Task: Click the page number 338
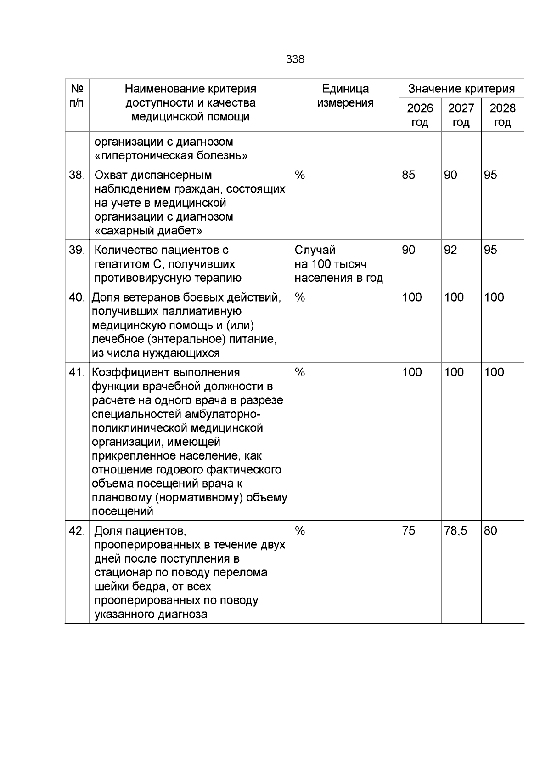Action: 295,59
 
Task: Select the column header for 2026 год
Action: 420,115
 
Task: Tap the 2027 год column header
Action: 461,115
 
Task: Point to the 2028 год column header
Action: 502,115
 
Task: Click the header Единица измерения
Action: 345,96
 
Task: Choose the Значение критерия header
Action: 461,89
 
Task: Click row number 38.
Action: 77,175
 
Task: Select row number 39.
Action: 77,250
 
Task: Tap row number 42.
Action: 77,531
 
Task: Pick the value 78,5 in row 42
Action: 455,531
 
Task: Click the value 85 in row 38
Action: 408,175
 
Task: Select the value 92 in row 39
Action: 450,250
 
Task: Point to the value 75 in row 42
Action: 408,531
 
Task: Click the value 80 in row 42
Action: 490,531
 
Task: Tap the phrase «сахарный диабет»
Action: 148,230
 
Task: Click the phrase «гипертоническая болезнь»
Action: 171,156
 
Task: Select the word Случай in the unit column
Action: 315,250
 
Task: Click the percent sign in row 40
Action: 300,297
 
